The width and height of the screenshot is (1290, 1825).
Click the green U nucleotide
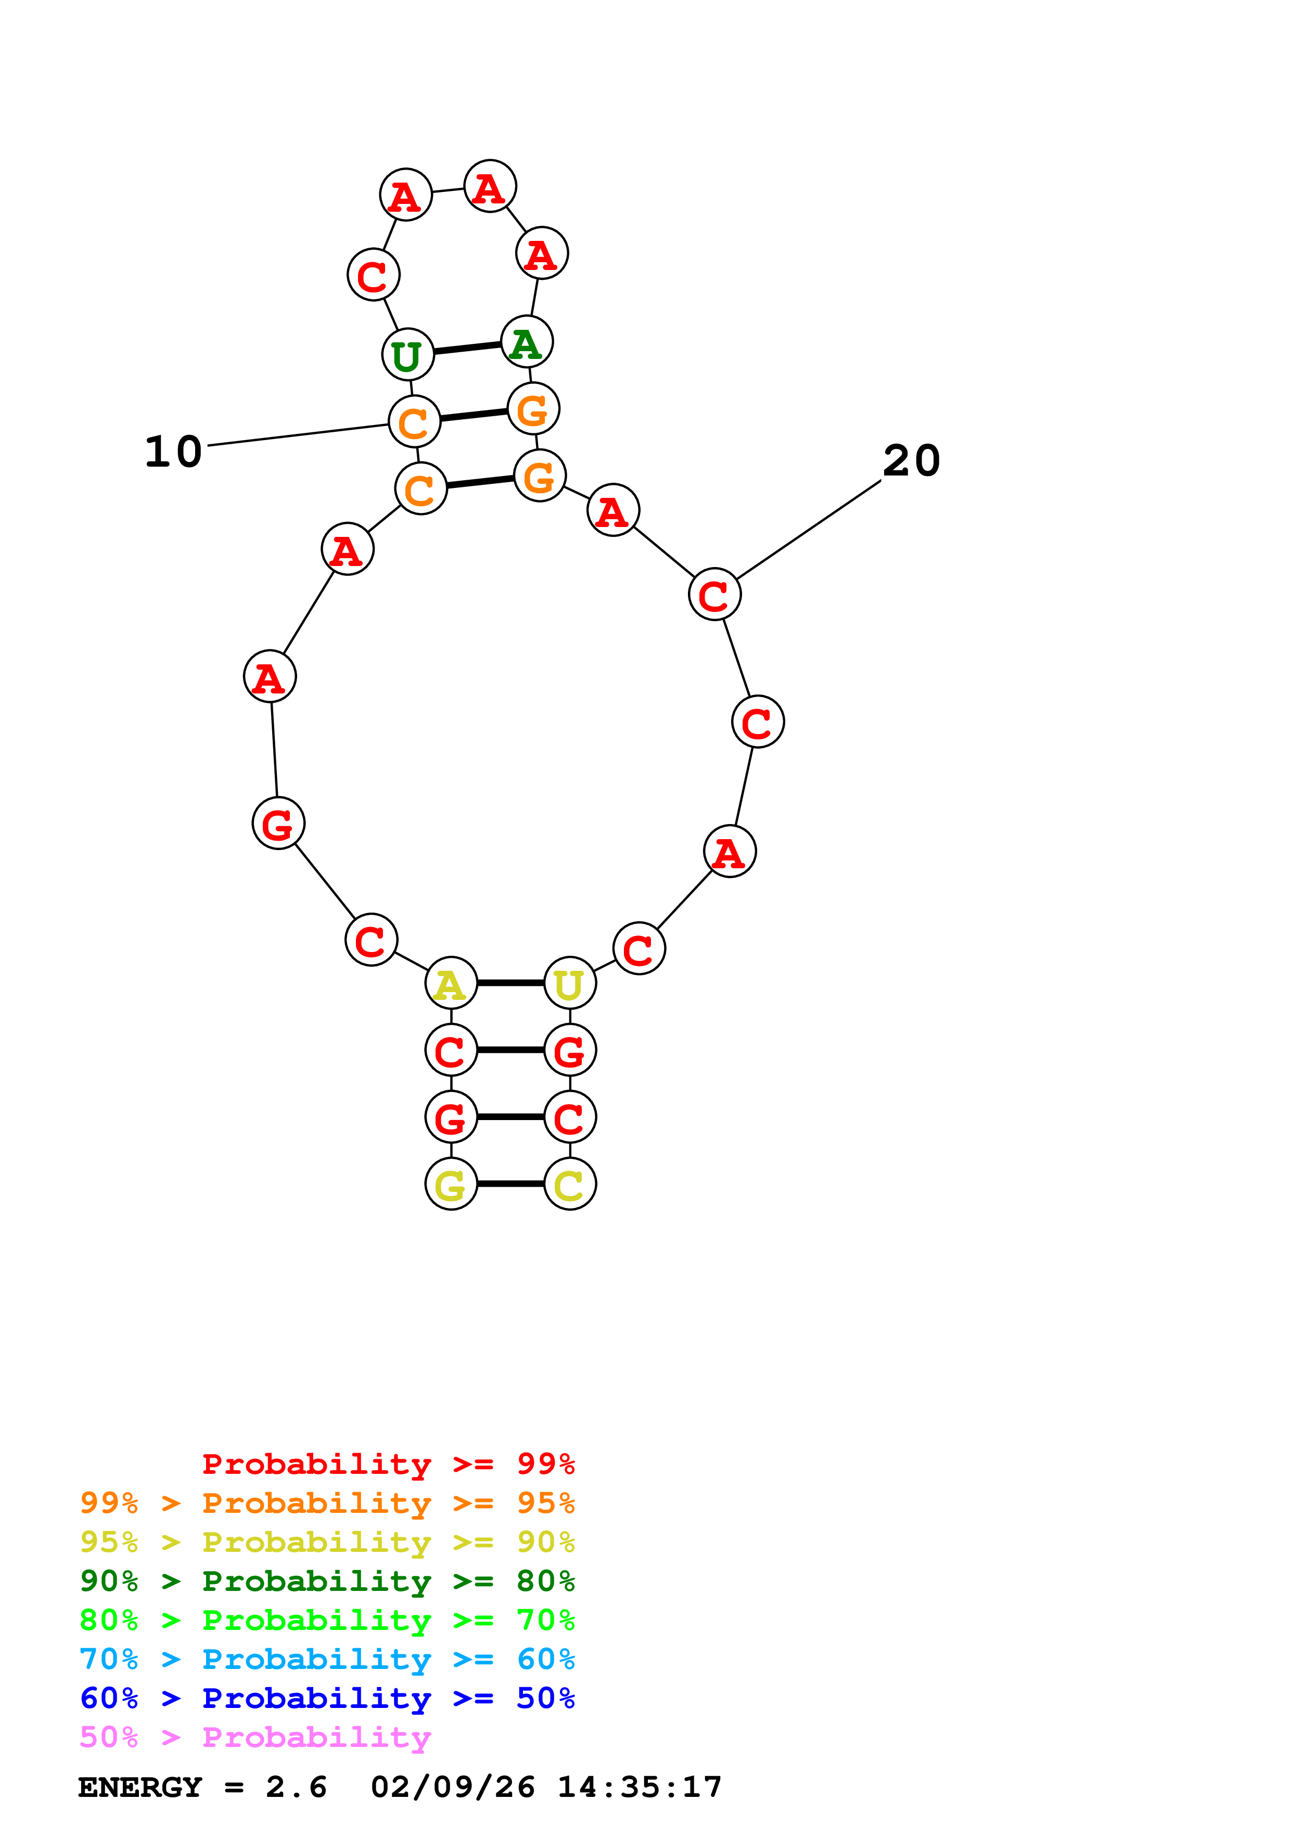408,354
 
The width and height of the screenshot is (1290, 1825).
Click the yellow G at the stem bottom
451,1185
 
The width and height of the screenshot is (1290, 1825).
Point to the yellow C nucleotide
570,1185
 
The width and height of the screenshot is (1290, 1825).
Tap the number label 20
912,460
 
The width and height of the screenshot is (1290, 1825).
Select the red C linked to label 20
714,595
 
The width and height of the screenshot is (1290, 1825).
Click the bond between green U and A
467,348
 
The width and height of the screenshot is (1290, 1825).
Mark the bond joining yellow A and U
510,983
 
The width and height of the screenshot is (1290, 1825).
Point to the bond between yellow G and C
510,1185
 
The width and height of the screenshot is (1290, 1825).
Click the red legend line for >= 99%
388,1463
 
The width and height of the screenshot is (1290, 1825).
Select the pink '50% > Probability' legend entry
255,1737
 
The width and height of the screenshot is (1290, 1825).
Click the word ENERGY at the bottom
140,1787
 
